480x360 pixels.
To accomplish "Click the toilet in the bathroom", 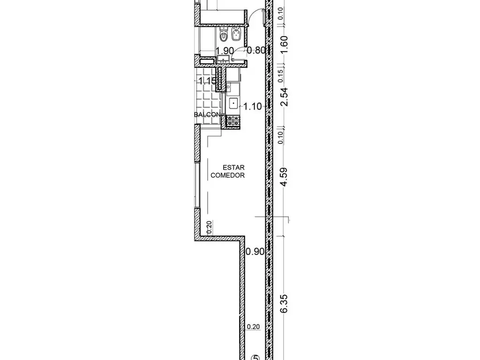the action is point(224,34).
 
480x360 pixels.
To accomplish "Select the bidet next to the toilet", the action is point(236,34).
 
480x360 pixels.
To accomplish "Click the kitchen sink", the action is point(233,104).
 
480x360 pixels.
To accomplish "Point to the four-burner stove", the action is point(233,121).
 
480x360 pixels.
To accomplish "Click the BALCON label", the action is point(207,114).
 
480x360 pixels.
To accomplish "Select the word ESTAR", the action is point(233,168).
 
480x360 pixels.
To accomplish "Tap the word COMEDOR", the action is point(228,175).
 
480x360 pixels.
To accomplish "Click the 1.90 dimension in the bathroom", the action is point(225,51).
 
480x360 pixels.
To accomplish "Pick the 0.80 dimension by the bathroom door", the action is point(256,50).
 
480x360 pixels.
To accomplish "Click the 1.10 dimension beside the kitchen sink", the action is point(253,106).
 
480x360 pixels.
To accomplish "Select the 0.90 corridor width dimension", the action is point(255,252).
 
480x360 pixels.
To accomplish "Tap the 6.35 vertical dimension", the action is point(285,304).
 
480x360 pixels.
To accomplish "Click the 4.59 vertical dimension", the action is point(285,177).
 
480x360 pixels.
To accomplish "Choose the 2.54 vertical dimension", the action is point(285,97).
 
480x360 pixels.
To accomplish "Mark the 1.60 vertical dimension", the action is point(285,45).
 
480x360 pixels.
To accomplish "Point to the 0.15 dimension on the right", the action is point(281,76).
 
